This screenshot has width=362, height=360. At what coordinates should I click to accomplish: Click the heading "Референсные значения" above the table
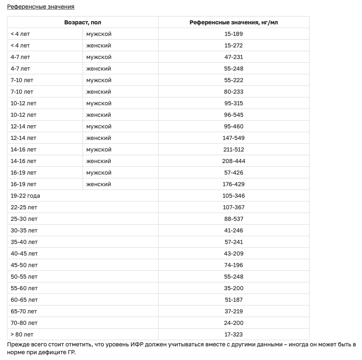[40, 7]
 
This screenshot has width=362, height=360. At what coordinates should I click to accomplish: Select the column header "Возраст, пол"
[83, 22]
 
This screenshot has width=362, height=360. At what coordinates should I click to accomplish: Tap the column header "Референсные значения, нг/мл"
[234, 22]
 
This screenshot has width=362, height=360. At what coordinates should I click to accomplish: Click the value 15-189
[234, 34]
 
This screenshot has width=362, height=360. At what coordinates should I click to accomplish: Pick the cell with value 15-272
[234, 45]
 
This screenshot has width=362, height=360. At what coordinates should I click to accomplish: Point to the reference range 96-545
[234, 115]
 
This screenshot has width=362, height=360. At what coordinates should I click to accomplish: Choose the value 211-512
[234, 149]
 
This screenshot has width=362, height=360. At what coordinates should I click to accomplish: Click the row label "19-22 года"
[25, 196]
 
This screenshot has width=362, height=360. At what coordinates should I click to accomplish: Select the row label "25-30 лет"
[24, 219]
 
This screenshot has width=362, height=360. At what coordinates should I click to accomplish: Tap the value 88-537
[234, 219]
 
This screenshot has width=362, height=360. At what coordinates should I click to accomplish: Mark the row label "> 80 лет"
[22, 334]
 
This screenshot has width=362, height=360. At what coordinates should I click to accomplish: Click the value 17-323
[234, 334]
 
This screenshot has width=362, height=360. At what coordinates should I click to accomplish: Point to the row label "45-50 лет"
[24, 265]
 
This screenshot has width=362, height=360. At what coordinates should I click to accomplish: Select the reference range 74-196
[234, 265]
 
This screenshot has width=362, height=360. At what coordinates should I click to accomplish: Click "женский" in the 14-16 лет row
[99, 161]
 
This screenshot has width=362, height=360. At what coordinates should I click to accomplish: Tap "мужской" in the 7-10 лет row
[99, 80]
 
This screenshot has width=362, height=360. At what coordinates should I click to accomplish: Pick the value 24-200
[234, 323]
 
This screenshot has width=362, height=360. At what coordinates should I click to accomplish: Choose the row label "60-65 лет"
[24, 300]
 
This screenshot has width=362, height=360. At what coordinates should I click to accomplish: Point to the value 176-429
[234, 184]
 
